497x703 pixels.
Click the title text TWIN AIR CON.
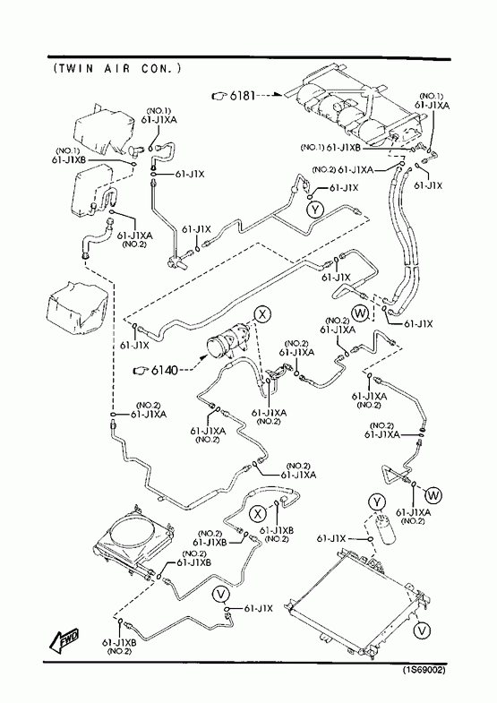pyautogui.click(x=116, y=68)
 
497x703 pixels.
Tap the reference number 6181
pyautogui.click(x=243, y=96)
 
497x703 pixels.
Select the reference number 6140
pyautogui.click(x=165, y=370)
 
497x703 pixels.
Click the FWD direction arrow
pyautogui.click(x=65, y=639)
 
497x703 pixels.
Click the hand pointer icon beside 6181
pyautogui.click(x=219, y=96)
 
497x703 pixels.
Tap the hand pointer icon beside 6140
pyautogui.click(x=141, y=371)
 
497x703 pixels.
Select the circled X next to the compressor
pyautogui.click(x=262, y=314)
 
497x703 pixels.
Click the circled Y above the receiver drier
pyautogui.click(x=377, y=502)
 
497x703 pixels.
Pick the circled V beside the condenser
pyautogui.click(x=422, y=630)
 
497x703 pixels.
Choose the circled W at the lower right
pyautogui.click(x=433, y=495)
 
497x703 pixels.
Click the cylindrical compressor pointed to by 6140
pyautogui.click(x=227, y=343)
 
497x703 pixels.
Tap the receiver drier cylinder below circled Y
pyautogui.click(x=384, y=529)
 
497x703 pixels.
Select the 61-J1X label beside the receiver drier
pyautogui.click(x=331, y=538)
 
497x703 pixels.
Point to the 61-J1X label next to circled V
pyautogui.click(x=258, y=608)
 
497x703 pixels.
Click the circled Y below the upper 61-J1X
pyautogui.click(x=316, y=209)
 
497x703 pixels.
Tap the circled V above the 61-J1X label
pyautogui.click(x=220, y=595)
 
